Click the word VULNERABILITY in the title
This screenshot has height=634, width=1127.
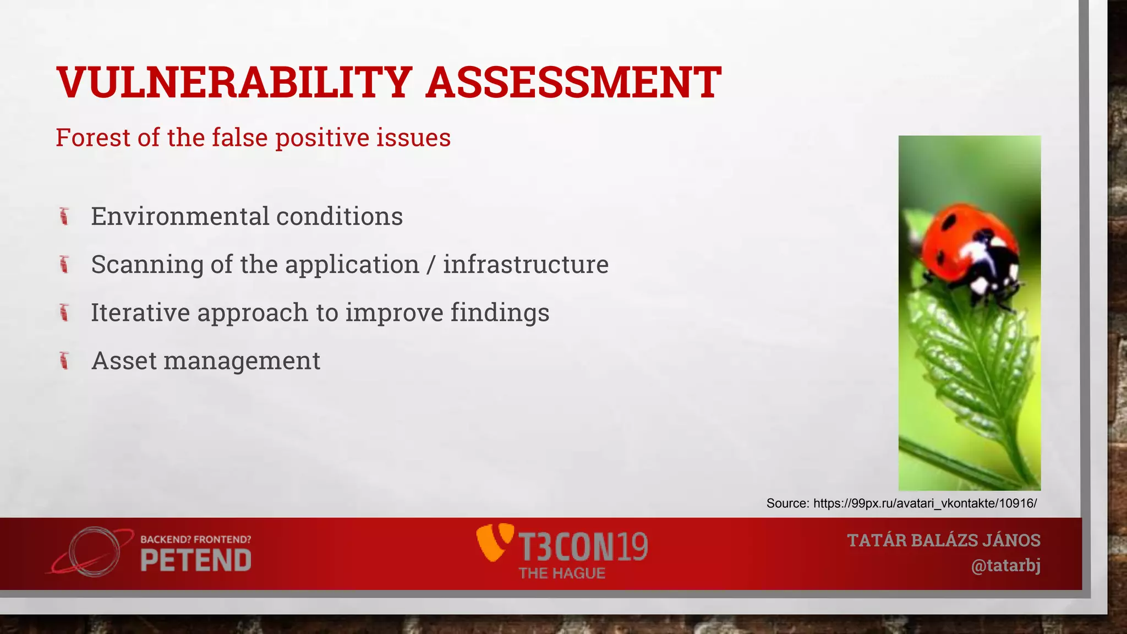pyautogui.click(x=234, y=83)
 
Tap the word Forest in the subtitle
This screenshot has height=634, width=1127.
pyautogui.click(x=94, y=138)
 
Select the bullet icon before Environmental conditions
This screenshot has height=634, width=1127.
pyautogui.click(x=64, y=216)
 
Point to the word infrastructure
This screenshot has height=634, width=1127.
pyautogui.click(x=526, y=264)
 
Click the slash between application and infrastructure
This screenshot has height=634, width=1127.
pyautogui.click(x=431, y=265)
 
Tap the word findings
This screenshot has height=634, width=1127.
pyautogui.click(x=500, y=313)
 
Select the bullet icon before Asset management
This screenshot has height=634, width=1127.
pyautogui.click(x=64, y=361)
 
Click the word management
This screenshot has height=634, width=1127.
pyautogui.click(x=242, y=362)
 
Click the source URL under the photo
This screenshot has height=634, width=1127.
pyautogui.click(x=924, y=503)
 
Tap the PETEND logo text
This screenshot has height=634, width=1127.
pyautogui.click(x=196, y=561)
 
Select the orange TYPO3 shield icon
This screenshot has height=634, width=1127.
pyautogui.click(x=494, y=542)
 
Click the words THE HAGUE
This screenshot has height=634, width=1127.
pyautogui.click(x=562, y=573)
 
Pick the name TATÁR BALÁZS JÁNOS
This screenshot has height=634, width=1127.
pyautogui.click(x=943, y=540)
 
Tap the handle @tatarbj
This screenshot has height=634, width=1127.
pyautogui.click(x=1005, y=566)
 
